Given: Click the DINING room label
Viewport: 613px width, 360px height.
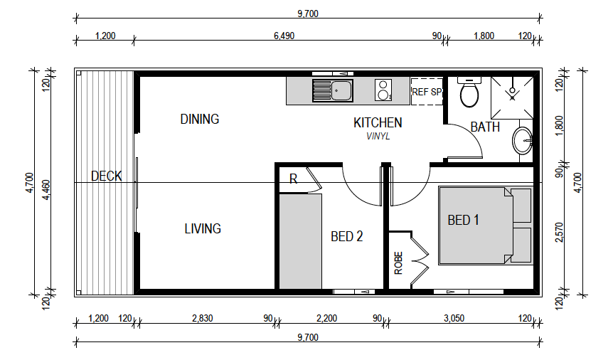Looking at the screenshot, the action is click(x=199, y=119).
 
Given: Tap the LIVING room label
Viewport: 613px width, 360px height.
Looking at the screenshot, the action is click(x=203, y=228).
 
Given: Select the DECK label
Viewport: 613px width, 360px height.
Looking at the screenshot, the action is click(x=107, y=176).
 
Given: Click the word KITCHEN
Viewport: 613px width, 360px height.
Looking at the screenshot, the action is click(x=378, y=123).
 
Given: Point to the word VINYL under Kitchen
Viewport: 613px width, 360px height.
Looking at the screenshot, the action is click(x=378, y=136).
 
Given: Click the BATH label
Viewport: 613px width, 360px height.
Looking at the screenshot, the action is click(x=485, y=127).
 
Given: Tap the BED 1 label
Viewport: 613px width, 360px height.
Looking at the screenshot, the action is click(x=463, y=220).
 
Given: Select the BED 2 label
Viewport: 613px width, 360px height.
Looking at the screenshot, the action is click(x=347, y=236).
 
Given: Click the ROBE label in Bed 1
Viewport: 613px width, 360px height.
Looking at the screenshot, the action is click(x=398, y=263).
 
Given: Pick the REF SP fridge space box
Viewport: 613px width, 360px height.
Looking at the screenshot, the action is click(x=427, y=92).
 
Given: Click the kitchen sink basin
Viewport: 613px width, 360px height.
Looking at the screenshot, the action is click(x=341, y=91).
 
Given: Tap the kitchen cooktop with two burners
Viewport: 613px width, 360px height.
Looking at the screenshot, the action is click(x=383, y=90).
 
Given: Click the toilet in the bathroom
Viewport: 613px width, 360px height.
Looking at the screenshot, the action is click(x=469, y=92).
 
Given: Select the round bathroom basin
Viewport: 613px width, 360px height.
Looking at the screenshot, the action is click(x=522, y=140).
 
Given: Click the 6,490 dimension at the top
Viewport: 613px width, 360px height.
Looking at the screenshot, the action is click(x=284, y=36).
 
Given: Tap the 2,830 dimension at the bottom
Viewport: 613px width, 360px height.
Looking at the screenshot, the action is click(x=203, y=318).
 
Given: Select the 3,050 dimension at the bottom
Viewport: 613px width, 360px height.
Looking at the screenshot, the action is click(x=454, y=318).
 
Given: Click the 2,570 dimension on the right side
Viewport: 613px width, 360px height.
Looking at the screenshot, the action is click(x=560, y=232).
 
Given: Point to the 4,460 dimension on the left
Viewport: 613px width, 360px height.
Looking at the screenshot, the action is click(x=46, y=190).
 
